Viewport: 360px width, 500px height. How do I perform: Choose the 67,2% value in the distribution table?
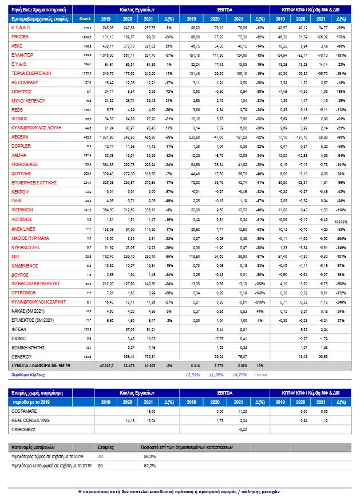tap(149, 466)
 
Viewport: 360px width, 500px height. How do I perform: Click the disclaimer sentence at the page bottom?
tap(179, 491)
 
